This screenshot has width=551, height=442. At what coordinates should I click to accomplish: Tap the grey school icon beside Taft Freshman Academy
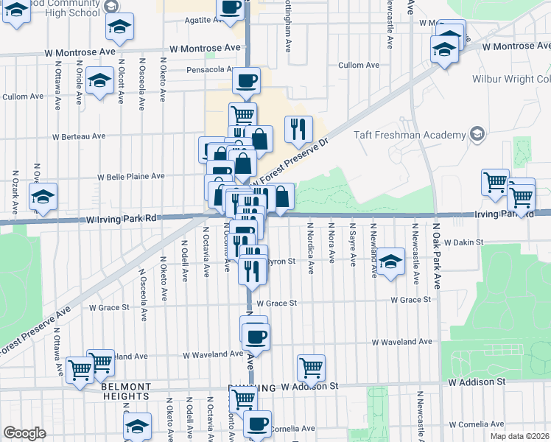coord(477,134)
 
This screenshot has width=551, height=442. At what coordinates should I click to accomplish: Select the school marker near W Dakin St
coord(393,259)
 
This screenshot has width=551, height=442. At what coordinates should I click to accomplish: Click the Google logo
coord(24,433)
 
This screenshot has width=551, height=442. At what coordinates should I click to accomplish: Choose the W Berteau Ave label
coord(79,136)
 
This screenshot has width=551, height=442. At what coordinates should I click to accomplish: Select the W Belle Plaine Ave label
coord(132,177)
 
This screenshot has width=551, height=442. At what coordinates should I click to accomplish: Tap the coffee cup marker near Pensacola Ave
coord(246,80)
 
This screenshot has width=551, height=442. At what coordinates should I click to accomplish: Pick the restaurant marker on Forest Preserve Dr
coord(298,129)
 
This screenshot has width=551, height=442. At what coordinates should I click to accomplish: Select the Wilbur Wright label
coord(515,78)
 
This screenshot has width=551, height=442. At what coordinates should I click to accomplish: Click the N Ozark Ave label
coord(15,194)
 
